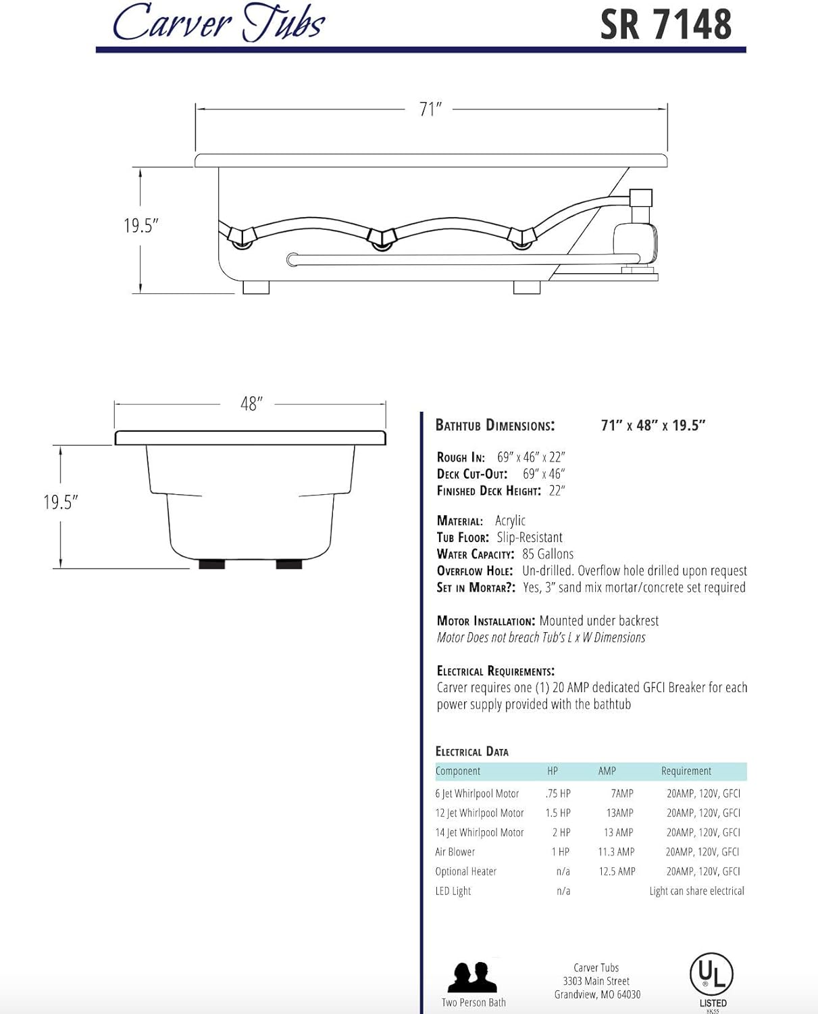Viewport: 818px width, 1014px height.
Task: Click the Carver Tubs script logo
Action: pyautogui.click(x=218, y=22)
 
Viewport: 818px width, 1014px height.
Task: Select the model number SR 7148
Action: pyautogui.click(x=665, y=24)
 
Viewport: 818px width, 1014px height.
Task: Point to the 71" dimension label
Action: pyautogui.click(x=430, y=110)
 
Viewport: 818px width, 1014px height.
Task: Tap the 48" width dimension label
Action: pyautogui.click(x=251, y=404)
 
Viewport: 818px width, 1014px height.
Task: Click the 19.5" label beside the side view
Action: pyautogui.click(x=140, y=226)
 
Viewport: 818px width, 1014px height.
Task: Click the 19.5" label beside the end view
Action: pyautogui.click(x=61, y=502)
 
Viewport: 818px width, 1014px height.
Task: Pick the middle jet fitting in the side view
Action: pyautogui.click(x=382, y=239)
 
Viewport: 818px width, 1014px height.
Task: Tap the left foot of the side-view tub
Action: pyautogui.click(x=256, y=288)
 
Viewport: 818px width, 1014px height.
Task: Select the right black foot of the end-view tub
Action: pyautogui.click(x=289, y=564)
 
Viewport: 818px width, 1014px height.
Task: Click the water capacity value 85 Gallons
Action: pyautogui.click(x=547, y=554)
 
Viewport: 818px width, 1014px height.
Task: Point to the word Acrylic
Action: pyautogui.click(x=510, y=521)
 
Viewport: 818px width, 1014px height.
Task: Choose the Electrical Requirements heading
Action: pyautogui.click(x=495, y=671)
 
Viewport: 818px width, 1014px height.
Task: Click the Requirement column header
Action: pyautogui.click(x=686, y=771)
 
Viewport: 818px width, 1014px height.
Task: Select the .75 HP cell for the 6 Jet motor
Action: pyautogui.click(x=558, y=794)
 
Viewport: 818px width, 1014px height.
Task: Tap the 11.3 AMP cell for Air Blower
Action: pyautogui.click(x=616, y=852)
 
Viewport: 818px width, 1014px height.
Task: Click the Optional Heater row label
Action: pyautogui.click(x=465, y=872)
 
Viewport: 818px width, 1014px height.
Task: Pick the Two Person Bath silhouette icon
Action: pyautogui.click(x=472, y=977)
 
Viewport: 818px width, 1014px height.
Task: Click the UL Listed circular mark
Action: pyautogui.click(x=711, y=974)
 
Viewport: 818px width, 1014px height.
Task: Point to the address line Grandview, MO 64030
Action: pyautogui.click(x=597, y=995)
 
